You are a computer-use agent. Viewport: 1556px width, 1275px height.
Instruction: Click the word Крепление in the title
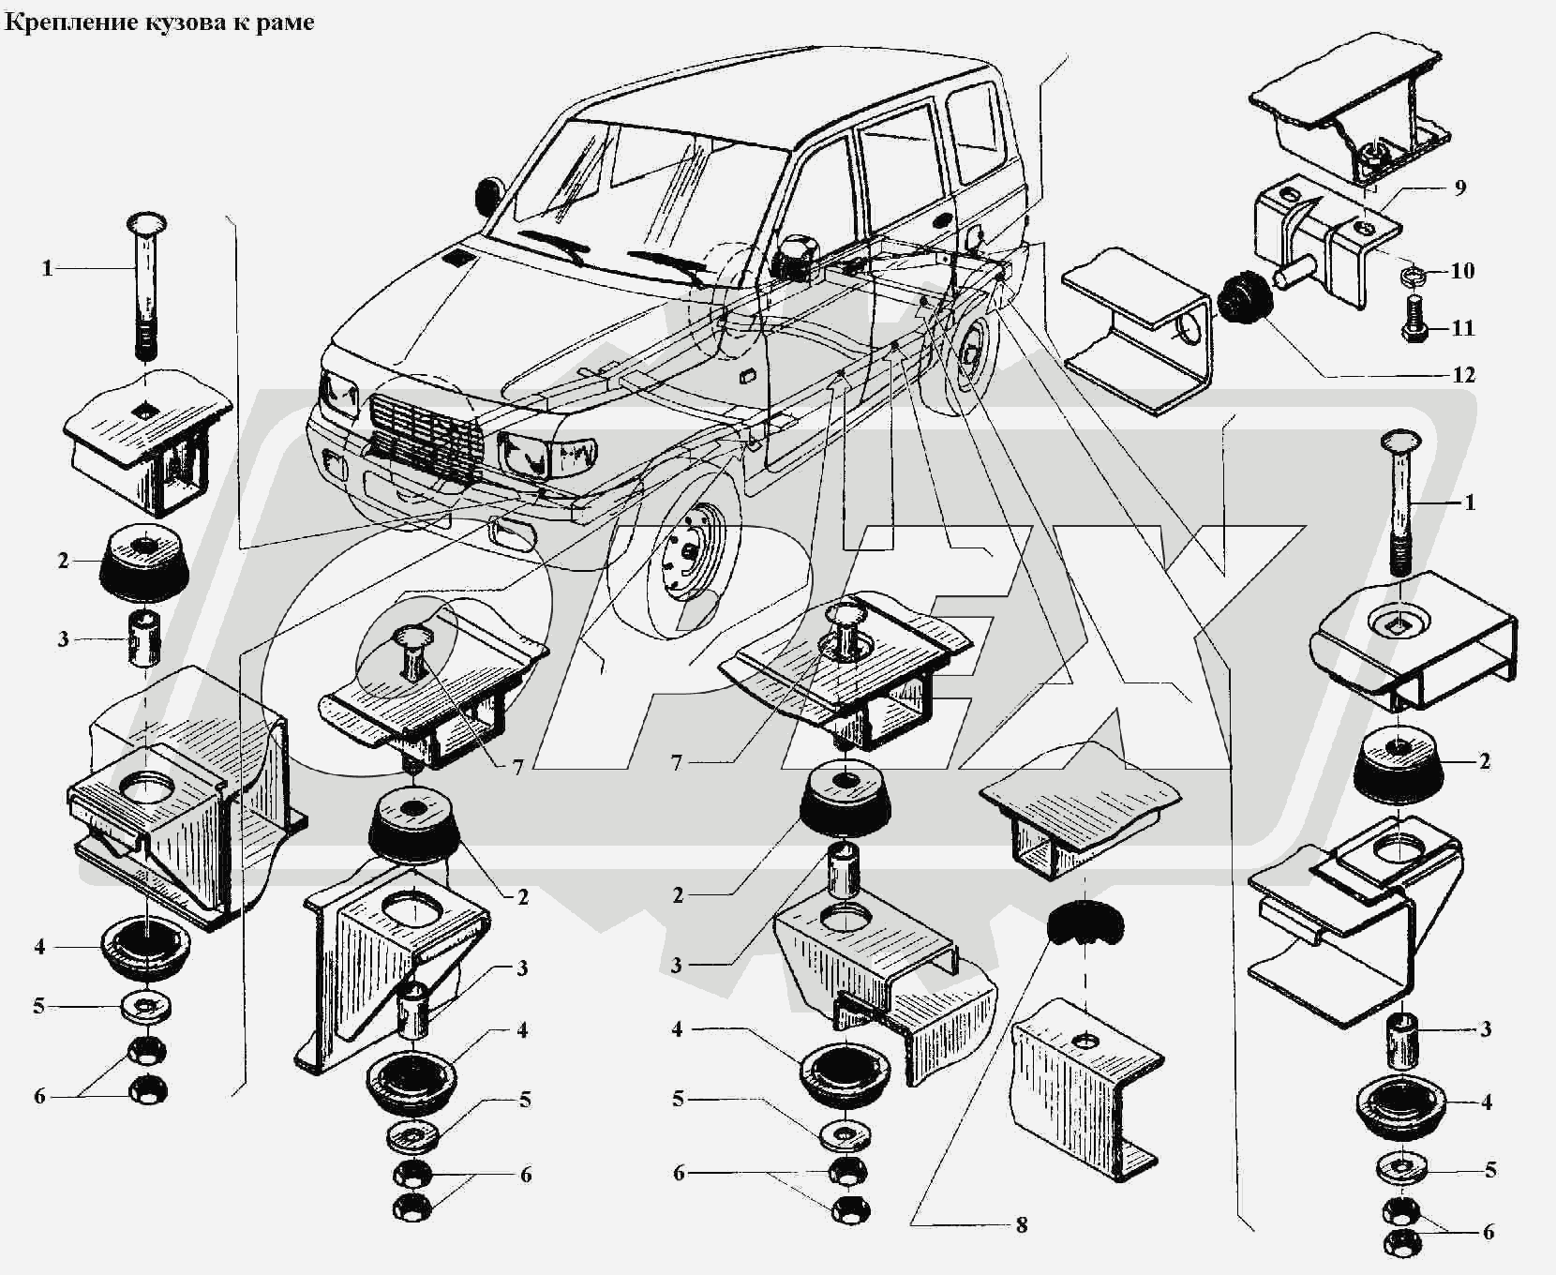click(57, 22)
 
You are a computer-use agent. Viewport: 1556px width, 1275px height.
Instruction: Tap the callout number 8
click(1021, 1224)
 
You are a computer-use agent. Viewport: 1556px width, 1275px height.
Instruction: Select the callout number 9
click(1459, 187)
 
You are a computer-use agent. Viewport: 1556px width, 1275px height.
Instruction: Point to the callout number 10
click(1462, 271)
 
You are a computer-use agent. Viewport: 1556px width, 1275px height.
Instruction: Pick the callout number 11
click(1462, 328)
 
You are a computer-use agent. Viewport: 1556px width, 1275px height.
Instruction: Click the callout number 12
click(1462, 375)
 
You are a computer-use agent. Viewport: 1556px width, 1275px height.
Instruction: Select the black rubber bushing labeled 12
click(1245, 293)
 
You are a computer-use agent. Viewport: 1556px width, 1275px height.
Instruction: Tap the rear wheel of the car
click(970, 356)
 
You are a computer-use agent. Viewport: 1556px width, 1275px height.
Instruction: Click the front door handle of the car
click(747, 377)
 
